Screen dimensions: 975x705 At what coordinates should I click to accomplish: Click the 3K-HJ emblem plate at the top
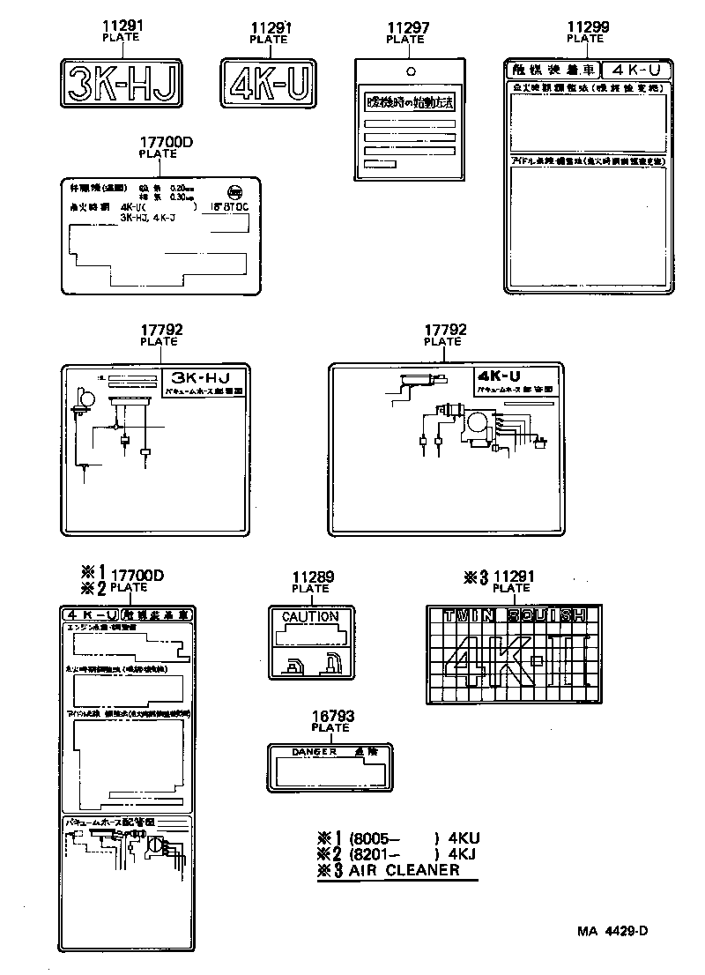122,84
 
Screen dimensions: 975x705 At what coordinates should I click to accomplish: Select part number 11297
408,28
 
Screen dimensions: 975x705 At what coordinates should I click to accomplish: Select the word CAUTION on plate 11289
309,616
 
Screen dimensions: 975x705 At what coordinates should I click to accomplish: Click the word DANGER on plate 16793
315,752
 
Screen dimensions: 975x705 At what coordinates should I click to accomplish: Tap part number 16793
330,717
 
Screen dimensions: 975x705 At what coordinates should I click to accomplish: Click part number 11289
313,577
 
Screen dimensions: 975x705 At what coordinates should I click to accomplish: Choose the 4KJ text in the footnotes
462,854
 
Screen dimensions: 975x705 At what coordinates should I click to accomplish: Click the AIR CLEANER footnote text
404,870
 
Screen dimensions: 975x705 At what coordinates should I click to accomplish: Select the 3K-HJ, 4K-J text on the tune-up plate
148,217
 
